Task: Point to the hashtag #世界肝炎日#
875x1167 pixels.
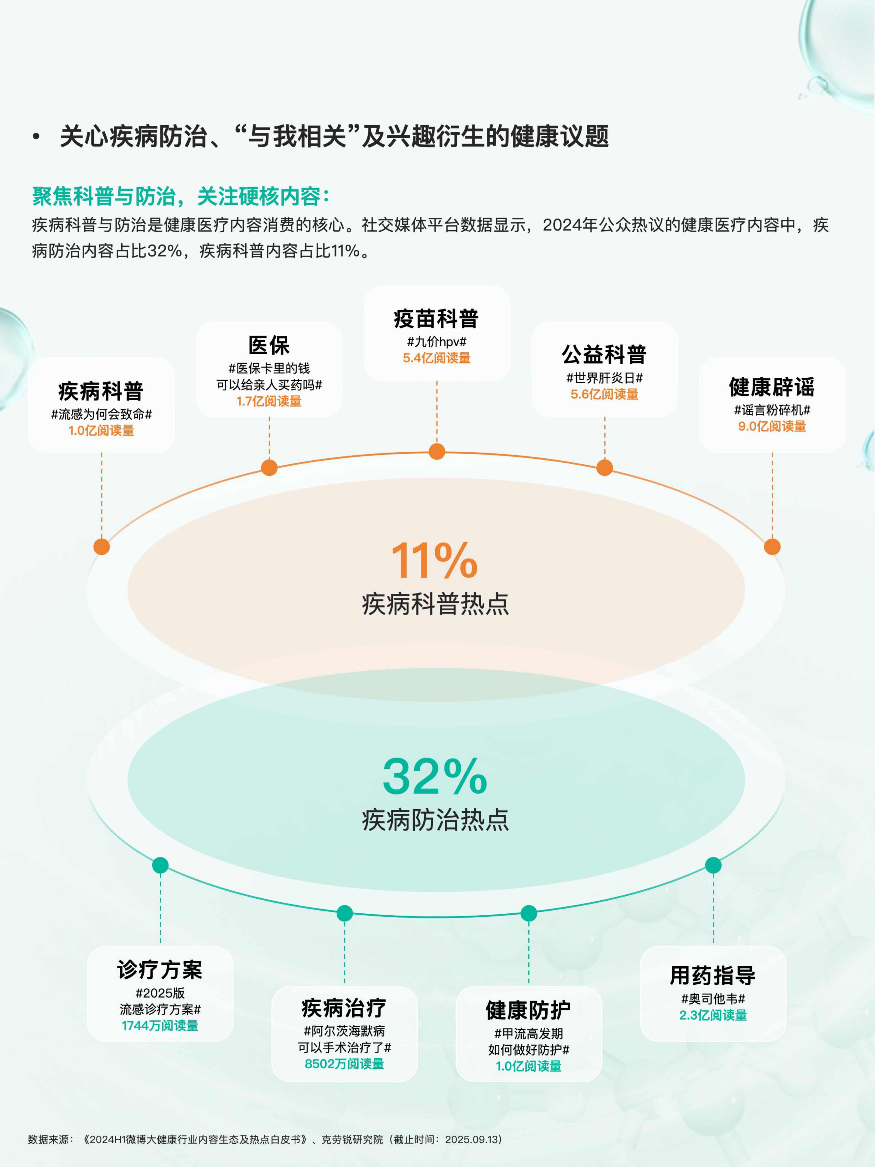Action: [x=604, y=378]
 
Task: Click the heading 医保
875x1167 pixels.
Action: [x=269, y=346]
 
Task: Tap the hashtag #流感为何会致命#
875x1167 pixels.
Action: [x=101, y=414]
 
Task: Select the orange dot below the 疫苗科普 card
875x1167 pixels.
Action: [x=437, y=452]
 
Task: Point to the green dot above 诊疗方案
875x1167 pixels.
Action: [x=160, y=865]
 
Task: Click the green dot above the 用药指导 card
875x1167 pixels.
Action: [x=713, y=865]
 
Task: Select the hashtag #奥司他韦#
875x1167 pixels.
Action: [x=713, y=999]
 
